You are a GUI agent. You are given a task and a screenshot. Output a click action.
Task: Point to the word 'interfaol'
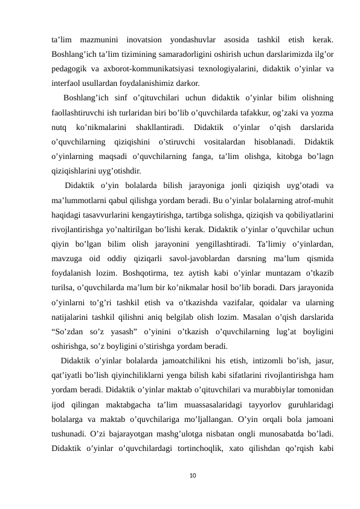pyautogui.click(x=64, y=84)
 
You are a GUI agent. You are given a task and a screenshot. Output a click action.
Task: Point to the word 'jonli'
pyautogui.click(x=222, y=185)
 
